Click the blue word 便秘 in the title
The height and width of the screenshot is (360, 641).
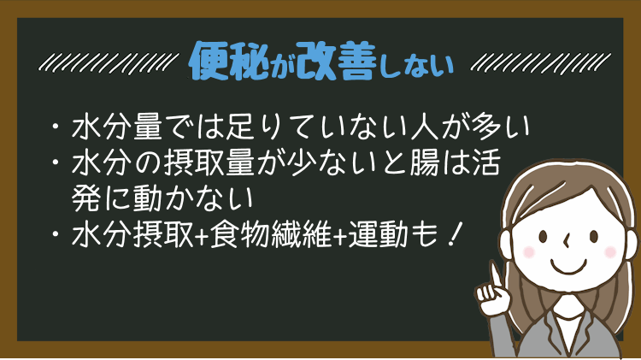coord(229,61)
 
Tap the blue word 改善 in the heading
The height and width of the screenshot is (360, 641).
coord(335,61)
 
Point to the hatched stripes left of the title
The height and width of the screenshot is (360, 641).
coord(109,62)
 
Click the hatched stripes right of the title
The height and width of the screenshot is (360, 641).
coord(540,62)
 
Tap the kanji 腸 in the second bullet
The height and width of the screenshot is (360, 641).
coord(425,162)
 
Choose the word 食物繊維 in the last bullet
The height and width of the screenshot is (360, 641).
coord(270,235)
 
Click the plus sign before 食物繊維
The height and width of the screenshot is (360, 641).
coord(202,236)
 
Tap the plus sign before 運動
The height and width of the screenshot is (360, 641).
coord(340,236)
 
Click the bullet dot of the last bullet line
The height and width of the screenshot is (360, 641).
coord(56,234)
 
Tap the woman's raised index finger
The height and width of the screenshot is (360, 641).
coord(495,275)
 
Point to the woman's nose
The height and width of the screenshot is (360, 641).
coord(567,241)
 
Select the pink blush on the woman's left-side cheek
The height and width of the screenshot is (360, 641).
coord(529,251)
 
